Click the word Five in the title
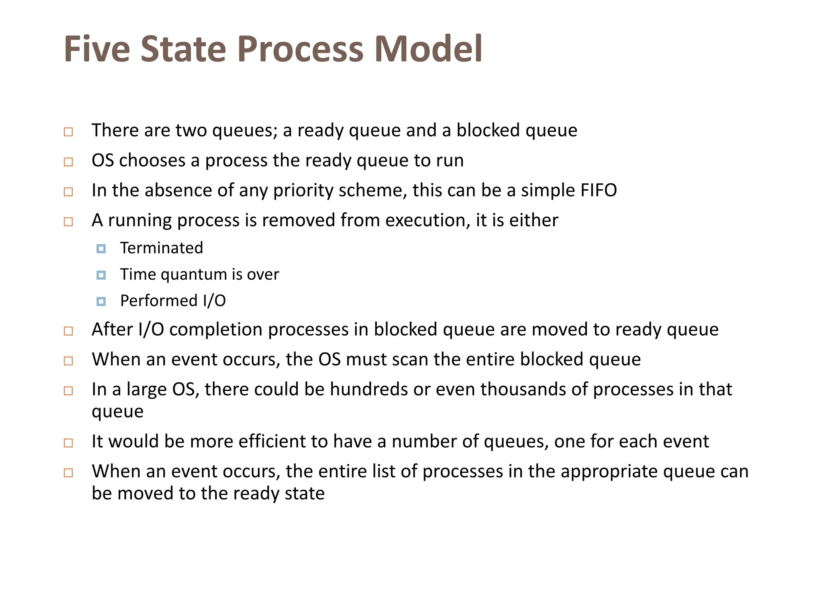point(97,49)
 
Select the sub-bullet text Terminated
point(161,248)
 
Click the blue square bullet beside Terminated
point(101,249)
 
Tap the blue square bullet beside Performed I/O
point(101,302)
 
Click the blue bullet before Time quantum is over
point(101,275)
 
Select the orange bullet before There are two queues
point(69,132)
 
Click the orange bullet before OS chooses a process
point(69,162)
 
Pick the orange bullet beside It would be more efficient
point(69,443)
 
